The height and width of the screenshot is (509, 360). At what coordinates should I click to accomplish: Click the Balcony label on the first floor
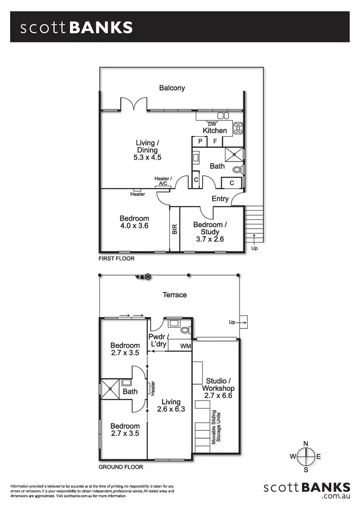click(x=172, y=88)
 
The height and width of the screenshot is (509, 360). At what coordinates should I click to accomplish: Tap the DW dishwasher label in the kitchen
click(x=212, y=124)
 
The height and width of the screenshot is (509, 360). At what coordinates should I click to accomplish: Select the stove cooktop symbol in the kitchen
click(x=238, y=128)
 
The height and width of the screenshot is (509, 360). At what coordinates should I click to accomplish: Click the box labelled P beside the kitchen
click(x=199, y=141)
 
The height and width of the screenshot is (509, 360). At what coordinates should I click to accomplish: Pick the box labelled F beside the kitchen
click(x=215, y=141)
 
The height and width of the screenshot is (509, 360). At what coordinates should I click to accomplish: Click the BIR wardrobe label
click(x=175, y=229)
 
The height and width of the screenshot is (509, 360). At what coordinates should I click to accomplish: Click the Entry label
click(x=220, y=199)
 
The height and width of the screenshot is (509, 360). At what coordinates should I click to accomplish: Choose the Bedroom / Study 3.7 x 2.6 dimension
click(x=208, y=239)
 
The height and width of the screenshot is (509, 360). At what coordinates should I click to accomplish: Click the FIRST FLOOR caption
click(x=117, y=258)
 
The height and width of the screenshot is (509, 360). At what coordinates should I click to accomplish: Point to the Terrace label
click(x=174, y=295)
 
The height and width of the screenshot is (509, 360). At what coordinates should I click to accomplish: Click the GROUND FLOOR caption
click(x=120, y=467)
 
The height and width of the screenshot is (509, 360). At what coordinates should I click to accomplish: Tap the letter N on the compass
click(x=305, y=443)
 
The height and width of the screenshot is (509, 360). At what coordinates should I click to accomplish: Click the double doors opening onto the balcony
click(x=133, y=104)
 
